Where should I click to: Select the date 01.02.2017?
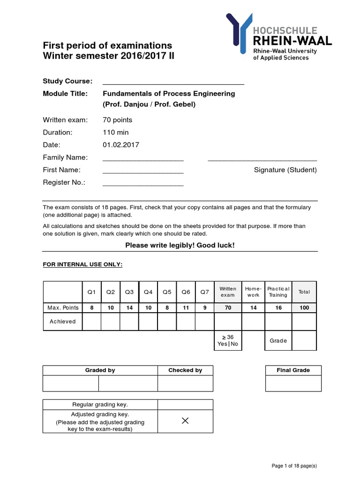click(121, 145)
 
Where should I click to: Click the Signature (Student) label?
click(285, 170)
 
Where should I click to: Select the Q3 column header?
click(129, 292)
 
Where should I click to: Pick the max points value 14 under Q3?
click(129, 307)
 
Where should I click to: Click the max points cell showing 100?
click(304, 307)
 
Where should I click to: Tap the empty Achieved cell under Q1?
click(92, 322)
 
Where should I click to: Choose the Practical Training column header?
click(278, 292)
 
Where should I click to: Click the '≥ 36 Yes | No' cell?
click(228, 340)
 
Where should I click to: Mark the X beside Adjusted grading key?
click(185, 421)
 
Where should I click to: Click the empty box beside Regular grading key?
click(185, 405)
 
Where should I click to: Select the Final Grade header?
click(293, 370)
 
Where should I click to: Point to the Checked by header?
click(185, 370)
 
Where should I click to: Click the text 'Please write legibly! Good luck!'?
click(180, 246)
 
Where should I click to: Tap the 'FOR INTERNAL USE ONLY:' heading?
click(83, 265)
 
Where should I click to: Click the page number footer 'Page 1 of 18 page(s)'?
click(294, 465)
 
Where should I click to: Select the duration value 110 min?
click(116, 132)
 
